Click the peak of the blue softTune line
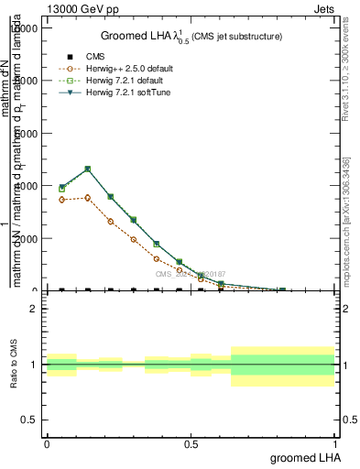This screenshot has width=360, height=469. click(87, 169)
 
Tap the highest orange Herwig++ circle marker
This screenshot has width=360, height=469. click(87, 197)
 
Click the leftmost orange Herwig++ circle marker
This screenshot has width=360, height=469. click(61, 200)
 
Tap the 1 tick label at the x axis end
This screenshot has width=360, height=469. click(334, 442)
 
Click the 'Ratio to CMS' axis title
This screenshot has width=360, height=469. click(15, 364)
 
